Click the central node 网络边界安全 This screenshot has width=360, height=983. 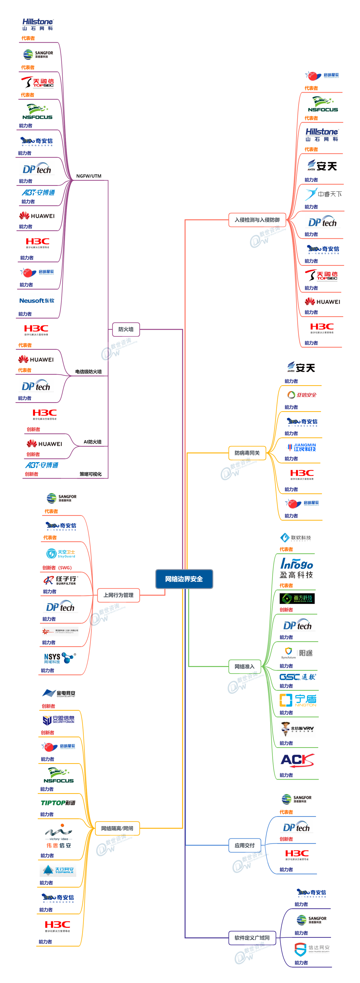click(x=184, y=579)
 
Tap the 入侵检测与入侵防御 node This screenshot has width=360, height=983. click(x=257, y=220)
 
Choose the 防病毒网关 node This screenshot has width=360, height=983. click(x=247, y=453)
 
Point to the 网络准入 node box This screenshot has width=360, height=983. click(x=244, y=667)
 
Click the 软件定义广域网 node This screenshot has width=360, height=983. click(x=252, y=938)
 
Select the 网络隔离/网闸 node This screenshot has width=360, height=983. click(x=117, y=828)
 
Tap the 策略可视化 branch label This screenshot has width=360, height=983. click(x=90, y=474)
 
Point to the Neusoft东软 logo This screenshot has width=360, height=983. click(x=37, y=301)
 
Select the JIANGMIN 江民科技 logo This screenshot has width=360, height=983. click(x=301, y=447)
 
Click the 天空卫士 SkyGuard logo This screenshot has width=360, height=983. click(x=61, y=554)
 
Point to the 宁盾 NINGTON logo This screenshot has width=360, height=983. click(x=298, y=700)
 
